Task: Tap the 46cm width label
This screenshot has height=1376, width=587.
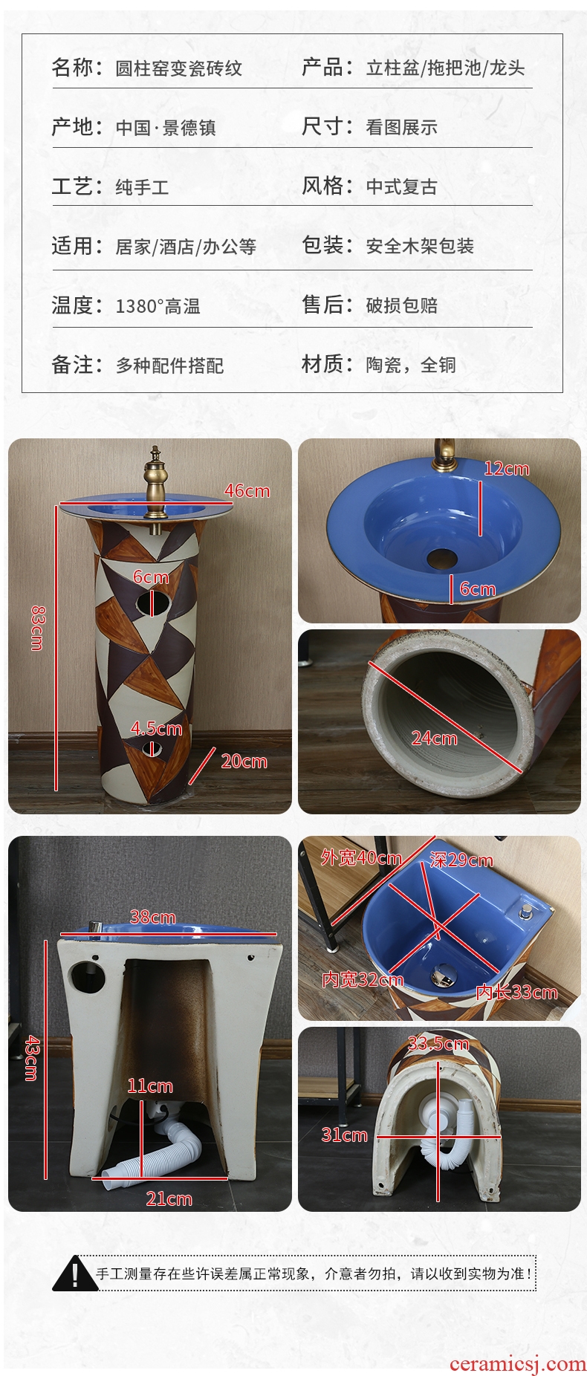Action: click(x=247, y=491)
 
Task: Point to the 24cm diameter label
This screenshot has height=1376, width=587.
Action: click(x=435, y=738)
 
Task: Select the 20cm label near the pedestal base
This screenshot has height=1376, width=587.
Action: click(x=244, y=761)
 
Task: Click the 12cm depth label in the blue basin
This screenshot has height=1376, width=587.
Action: click(x=507, y=468)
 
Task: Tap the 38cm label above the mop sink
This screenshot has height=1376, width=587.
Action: click(x=153, y=917)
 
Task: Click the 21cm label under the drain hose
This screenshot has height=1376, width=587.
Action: click(x=169, y=1198)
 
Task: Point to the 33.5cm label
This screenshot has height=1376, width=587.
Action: click(x=438, y=1043)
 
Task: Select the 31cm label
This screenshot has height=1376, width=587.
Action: click(x=344, y=1135)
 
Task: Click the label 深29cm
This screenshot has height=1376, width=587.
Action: click(x=461, y=860)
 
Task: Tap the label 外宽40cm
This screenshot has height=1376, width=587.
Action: click(x=361, y=857)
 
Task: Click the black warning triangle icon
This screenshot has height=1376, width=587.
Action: click(x=74, y=1273)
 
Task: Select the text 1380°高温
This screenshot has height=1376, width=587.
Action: click(x=158, y=305)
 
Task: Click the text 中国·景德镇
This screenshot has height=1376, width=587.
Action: click(x=166, y=128)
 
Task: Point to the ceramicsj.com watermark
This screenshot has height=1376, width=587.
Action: click(x=518, y=1363)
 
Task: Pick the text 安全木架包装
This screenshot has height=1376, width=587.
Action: click(x=420, y=246)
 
